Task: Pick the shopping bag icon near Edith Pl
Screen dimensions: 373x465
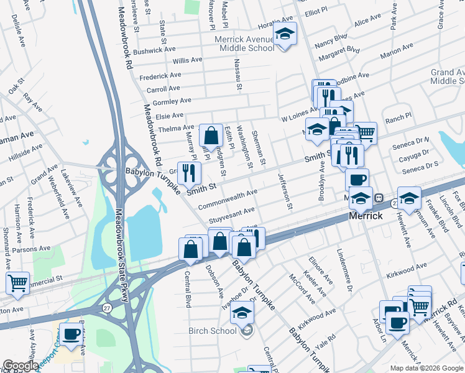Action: pos(211,135)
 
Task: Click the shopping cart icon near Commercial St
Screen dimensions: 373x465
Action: pos(18,283)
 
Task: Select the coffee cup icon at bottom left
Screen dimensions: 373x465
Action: pos(70,334)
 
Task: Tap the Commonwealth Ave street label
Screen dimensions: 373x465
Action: pos(228,200)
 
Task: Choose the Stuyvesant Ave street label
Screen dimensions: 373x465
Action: pos(231,215)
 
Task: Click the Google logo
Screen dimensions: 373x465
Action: pos(21,366)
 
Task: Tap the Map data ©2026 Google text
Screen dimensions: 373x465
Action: pos(427,368)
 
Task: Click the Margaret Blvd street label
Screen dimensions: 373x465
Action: pos(338,49)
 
